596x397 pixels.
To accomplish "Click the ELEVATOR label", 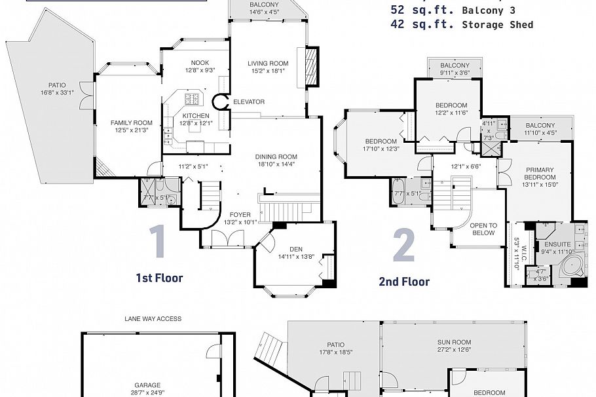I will [249, 102].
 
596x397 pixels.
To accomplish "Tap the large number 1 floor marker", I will [157, 242].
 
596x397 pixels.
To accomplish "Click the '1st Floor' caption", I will [159, 278].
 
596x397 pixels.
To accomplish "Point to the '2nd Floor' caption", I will [404, 282].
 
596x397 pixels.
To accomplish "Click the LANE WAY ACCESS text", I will [153, 319].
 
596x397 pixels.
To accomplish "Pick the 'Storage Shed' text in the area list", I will [497, 25].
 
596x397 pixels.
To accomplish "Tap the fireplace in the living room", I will [312, 68].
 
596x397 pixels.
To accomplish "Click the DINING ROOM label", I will [276, 157].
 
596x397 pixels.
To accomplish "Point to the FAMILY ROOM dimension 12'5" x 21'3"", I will [131, 130].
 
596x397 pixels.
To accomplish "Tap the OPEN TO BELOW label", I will [484, 229].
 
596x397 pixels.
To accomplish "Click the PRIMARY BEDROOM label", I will [540, 173].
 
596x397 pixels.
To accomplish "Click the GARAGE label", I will [147, 385].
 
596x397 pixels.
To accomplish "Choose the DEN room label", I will [296, 248].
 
